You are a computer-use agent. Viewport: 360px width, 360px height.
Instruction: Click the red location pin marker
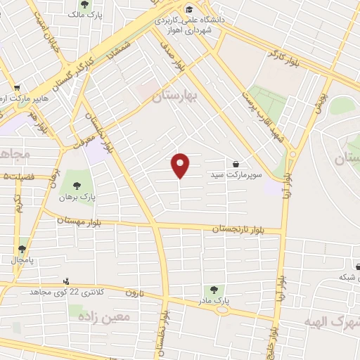click(x=181, y=165)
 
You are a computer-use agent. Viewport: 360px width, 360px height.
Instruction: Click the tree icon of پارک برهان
click(x=77, y=187)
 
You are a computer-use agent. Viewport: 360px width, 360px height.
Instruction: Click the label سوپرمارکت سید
click(x=234, y=173)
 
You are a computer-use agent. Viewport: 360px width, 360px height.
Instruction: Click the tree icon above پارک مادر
click(x=212, y=290)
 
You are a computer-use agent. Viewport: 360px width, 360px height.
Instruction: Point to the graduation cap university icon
click(x=190, y=9)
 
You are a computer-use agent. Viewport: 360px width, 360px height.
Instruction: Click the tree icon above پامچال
click(x=24, y=249)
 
